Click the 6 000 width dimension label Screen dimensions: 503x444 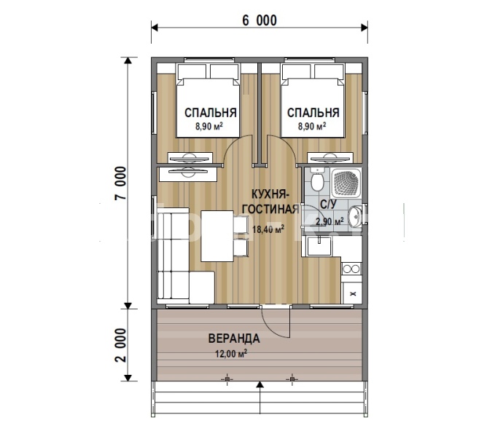pos(260,20)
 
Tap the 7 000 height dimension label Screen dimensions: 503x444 pos(120,183)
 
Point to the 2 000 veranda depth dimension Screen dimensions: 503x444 pos(120,345)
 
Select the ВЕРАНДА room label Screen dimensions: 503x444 pos(234,338)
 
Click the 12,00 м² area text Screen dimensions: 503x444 pos(230,353)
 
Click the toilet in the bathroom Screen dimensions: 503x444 pos(318,181)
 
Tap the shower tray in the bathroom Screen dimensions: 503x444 pos(346,183)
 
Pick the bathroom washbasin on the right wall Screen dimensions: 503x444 pos(356,215)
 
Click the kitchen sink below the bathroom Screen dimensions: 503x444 pos(319,246)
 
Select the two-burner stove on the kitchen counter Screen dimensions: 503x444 pos(351,269)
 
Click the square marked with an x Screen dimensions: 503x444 pos(352,293)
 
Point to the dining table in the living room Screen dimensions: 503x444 pos(217,236)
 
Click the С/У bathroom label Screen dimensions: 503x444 pos(328,204)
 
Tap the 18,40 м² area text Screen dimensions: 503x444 pos(268,229)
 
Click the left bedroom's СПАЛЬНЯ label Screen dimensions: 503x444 pos(211,113)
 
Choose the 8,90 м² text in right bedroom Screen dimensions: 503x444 pos(312,126)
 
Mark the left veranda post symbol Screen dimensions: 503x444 pos(227,379)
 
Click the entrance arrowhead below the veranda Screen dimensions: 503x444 pos(260,385)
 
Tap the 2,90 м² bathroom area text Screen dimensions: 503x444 pos(330,221)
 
